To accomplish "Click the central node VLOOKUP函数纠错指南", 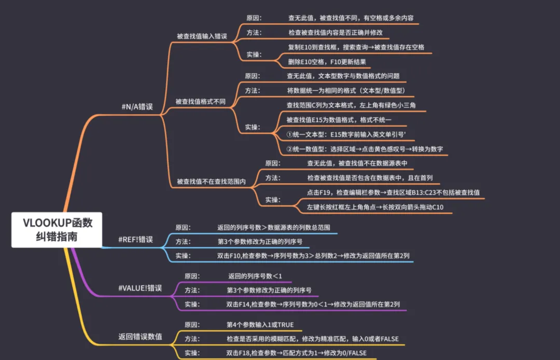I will click(x=58, y=230).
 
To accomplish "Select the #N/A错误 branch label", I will click(x=136, y=107).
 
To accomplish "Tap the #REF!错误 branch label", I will click(x=135, y=240).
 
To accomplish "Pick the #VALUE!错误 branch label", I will click(x=140, y=288).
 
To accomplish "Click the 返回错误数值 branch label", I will click(x=140, y=337).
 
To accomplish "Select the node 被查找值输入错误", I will click(x=202, y=36).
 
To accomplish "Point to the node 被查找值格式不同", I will click(x=200, y=102).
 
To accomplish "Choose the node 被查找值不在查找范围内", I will click(x=211, y=182).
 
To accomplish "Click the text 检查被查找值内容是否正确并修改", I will click(x=335, y=32).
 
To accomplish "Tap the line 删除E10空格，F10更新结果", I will click(x=327, y=62).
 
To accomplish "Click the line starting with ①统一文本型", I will click(x=346, y=134).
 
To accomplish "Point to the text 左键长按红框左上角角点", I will click(x=379, y=207).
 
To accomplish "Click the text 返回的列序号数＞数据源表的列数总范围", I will click(x=273, y=228).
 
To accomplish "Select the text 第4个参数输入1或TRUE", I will click(x=260, y=325).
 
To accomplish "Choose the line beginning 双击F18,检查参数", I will click(x=296, y=353).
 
